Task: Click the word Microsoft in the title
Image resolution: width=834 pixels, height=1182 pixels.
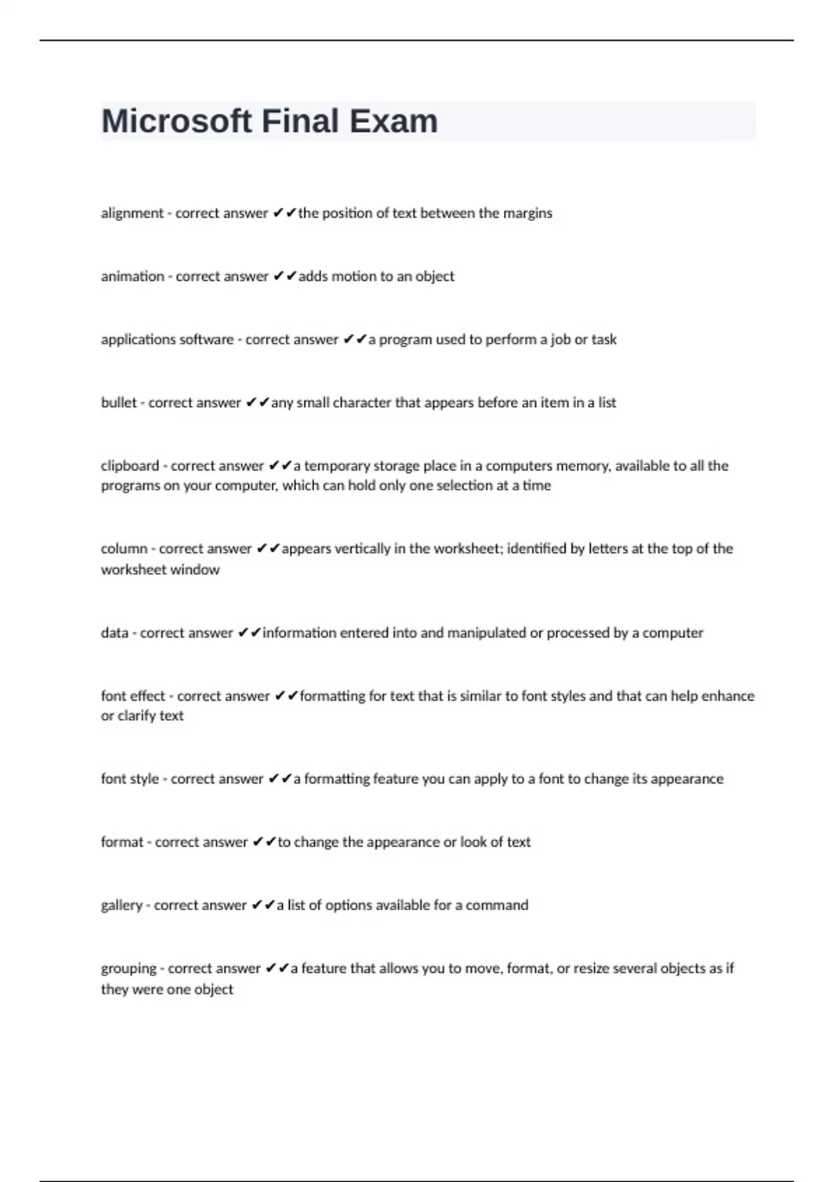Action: [x=177, y=121]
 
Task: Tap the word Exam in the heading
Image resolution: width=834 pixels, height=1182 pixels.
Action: [x=393, y=121]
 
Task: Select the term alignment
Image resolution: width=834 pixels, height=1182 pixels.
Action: [x=132, y=213]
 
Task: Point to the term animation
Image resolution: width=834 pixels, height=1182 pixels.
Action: [x=132, y=277]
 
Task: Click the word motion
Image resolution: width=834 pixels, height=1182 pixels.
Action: [x=353, y=277]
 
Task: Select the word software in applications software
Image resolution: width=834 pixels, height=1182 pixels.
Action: [x=206, y=340]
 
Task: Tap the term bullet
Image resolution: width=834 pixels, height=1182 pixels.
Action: [x=118, y=403]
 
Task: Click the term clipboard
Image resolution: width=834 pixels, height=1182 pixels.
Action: [x=130, y=466]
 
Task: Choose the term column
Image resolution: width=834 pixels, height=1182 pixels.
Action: [x=124, y=549]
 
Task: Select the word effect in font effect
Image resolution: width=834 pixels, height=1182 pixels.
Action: [x=148, y=696]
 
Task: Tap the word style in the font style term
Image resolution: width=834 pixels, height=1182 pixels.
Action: [x=144, y=779]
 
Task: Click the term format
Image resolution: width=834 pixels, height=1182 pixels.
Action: [x=122, y=842]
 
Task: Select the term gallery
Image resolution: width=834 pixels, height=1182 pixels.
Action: [x=122, y=906]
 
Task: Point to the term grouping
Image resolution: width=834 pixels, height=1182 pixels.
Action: [x=129, y=969]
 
